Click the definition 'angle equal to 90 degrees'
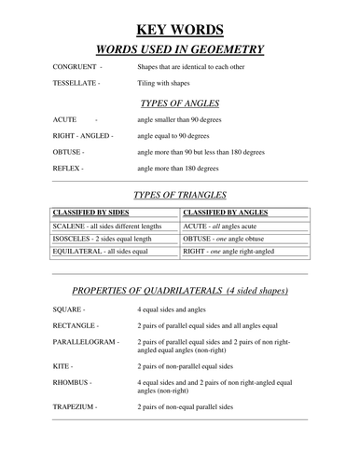coord(173,135)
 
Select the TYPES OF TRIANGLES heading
coord(179,196)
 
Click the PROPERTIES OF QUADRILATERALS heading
coord(180,290)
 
